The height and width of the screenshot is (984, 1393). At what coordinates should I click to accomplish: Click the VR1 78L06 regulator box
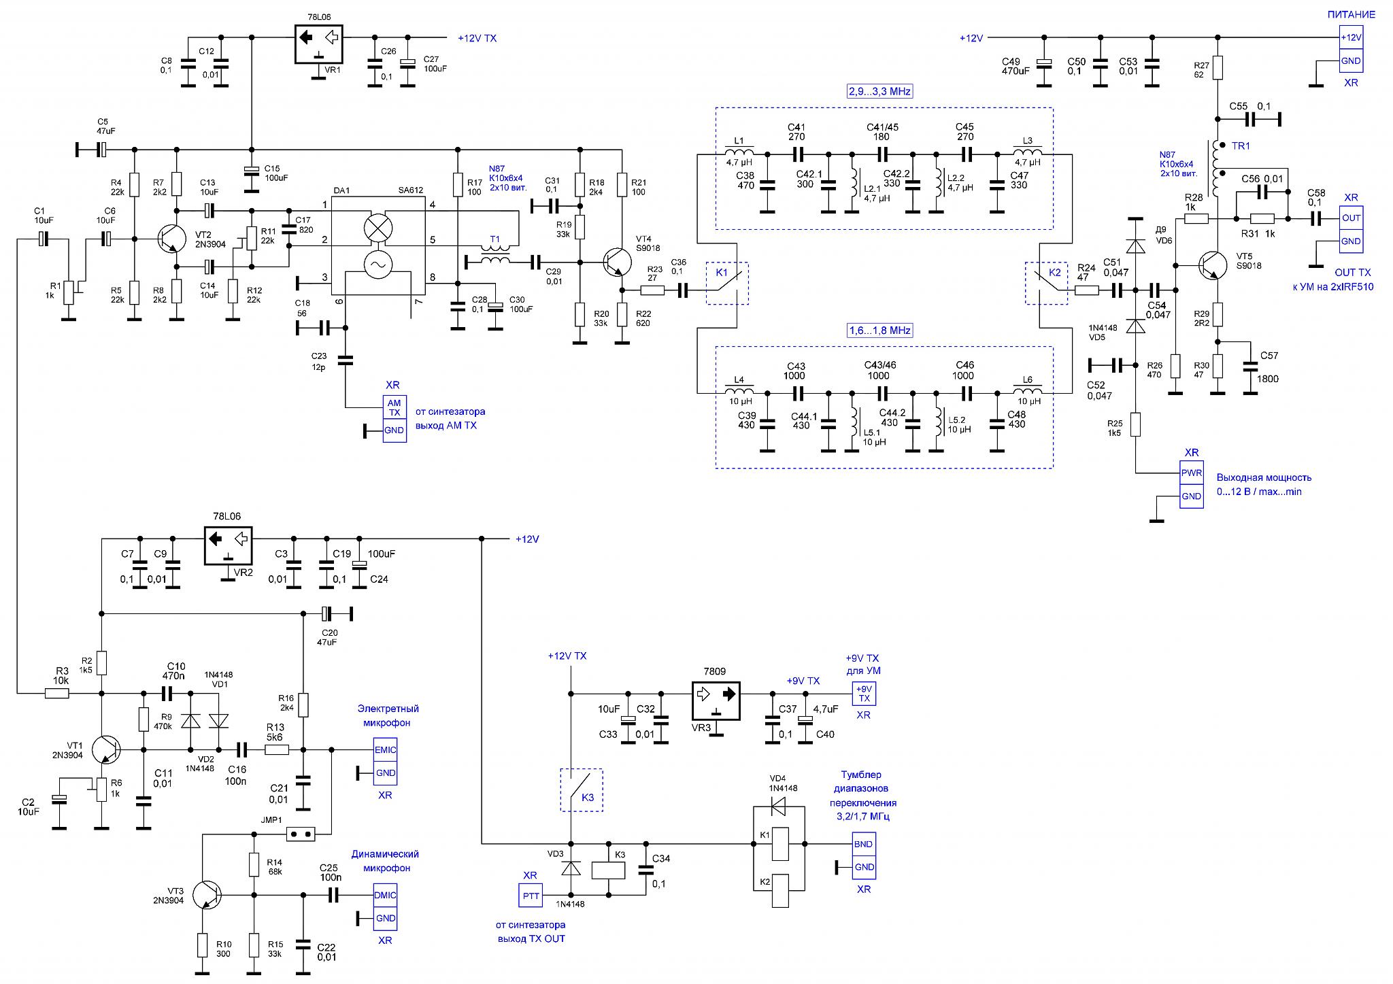[318, 44]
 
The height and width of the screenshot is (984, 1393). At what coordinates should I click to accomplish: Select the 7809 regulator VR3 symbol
[716, 701]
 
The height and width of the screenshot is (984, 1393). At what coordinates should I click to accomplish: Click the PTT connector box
[531, 896]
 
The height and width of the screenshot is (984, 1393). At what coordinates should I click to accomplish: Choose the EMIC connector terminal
[385, 749]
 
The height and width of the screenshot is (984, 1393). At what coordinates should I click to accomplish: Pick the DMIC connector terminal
[385, 895]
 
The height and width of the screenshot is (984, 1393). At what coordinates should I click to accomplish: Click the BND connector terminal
[864, 844]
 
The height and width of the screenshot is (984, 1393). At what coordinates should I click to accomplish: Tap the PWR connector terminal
[1191, 473]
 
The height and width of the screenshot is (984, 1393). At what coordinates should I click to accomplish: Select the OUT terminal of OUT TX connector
[1351, 218]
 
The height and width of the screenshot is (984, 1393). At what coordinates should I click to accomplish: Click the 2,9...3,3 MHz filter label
[879, 91]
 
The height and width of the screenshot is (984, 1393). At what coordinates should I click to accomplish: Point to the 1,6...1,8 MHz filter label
[879, 330]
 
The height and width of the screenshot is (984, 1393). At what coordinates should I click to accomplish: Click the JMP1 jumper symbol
[300, 833]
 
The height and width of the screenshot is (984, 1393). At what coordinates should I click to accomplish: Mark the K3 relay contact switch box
[581, 790]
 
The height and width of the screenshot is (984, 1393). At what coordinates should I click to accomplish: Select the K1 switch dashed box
[727, 283]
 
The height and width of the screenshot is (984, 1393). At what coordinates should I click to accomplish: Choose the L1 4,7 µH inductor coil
[739, 152]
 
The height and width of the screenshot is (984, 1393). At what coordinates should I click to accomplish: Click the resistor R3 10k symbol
[57, 694]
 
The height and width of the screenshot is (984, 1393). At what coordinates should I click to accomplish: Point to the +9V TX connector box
[864, 694]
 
